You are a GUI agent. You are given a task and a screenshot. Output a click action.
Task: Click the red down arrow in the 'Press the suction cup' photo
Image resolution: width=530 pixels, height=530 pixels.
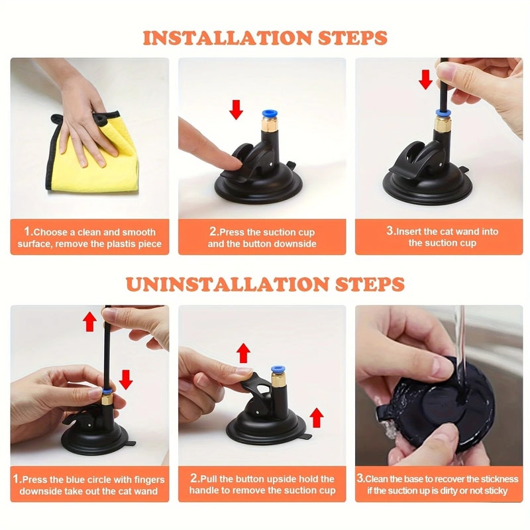tap(236, 109)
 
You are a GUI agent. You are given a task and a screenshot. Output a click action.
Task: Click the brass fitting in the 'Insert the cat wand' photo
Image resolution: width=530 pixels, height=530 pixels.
tap(441, 124)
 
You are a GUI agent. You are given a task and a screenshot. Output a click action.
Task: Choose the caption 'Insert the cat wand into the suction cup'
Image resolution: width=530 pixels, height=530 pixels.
tap(442, 237)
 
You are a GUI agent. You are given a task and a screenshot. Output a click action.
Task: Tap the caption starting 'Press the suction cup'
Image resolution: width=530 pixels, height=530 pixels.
tap(262, 238)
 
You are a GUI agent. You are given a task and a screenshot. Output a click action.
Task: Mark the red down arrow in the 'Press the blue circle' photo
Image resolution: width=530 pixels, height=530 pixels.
tap(126, 380)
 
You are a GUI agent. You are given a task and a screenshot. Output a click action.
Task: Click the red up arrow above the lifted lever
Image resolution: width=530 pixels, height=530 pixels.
tap(244, 352)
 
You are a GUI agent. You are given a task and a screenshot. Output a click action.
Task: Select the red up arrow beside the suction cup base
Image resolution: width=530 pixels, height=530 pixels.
tap(317, 417)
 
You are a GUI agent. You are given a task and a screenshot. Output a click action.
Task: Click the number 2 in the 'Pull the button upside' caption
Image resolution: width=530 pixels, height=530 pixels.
tap(195, 479)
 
